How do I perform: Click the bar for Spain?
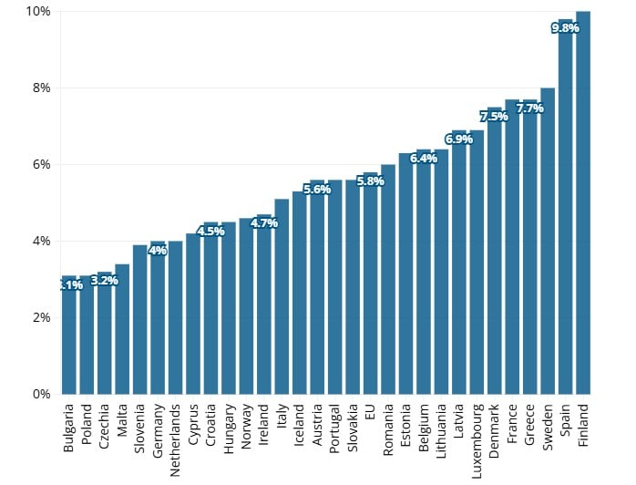click(566, 210)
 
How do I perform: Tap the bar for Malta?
click(122, 329)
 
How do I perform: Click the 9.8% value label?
click(566, 28)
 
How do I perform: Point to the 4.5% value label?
click(211, 232)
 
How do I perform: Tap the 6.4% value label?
click(424, 159)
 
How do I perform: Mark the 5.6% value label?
click(317, 190)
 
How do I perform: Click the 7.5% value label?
click(495, 117)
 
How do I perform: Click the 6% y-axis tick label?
click(41, 164)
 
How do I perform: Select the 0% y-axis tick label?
click(41, 394)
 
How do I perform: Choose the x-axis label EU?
click(370, 411)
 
